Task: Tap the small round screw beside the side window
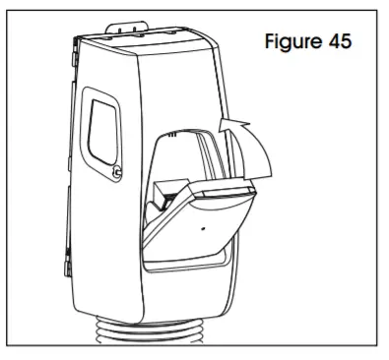pos(118,173)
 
